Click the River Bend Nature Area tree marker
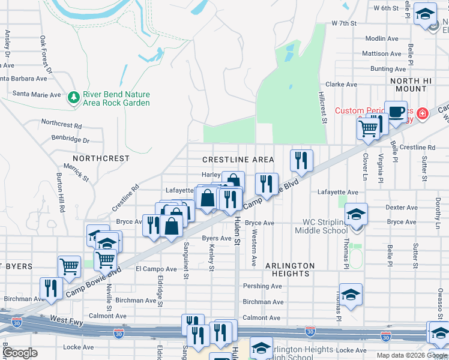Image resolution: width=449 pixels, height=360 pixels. tap(74, 97)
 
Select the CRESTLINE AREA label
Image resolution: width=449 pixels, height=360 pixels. tap(238, 160)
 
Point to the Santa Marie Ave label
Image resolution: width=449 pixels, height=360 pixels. tap(37, 95)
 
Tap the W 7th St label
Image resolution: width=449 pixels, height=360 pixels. tap(344, 23)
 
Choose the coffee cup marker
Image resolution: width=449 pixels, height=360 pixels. tap(396, 112)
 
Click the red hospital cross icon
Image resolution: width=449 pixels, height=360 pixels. tap(423, 112)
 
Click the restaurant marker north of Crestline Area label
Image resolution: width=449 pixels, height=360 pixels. tap(301, 160)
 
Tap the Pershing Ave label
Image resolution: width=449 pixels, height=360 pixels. tap(262, 286)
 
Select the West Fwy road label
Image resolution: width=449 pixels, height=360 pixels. tap(67, 323)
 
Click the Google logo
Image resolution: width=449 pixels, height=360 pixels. tap(20, 353)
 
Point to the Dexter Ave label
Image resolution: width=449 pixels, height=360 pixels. tap(402, 208)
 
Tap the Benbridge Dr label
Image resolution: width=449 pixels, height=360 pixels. tap(70, 140)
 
